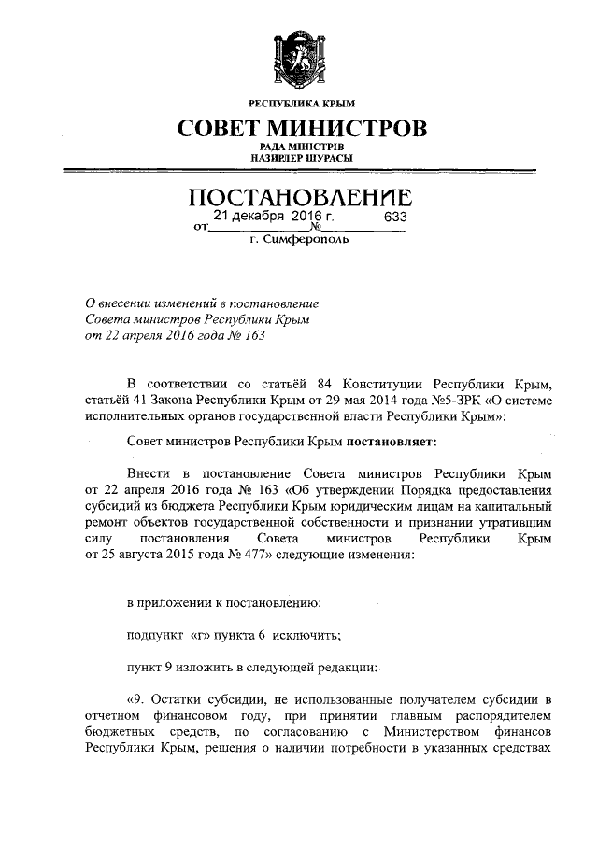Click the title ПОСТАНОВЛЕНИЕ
pos(300,199)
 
